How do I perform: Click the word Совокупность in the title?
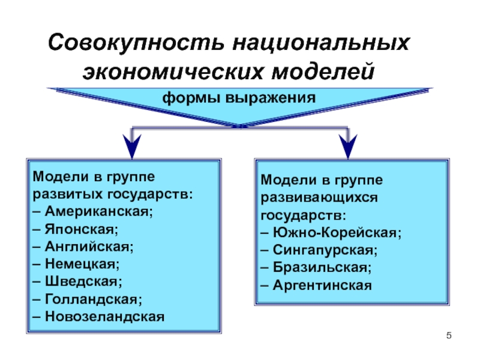pyautogui.click(x=136, y=43)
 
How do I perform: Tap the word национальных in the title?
pyautogui.click(x=321, y=43)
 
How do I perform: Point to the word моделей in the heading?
pyautogui.click(x=323, y=71)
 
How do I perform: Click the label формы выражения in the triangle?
pyautogui.click(x=239, y=98)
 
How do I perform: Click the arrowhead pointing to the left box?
pyautogui.click(x=132, y=146)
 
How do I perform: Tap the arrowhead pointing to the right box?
pyautogui.click(x=348, y=146)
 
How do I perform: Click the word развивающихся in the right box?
pyautogui.click(x=319, y=198)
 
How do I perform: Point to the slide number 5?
pyautogui.click(x=449, y=335)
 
